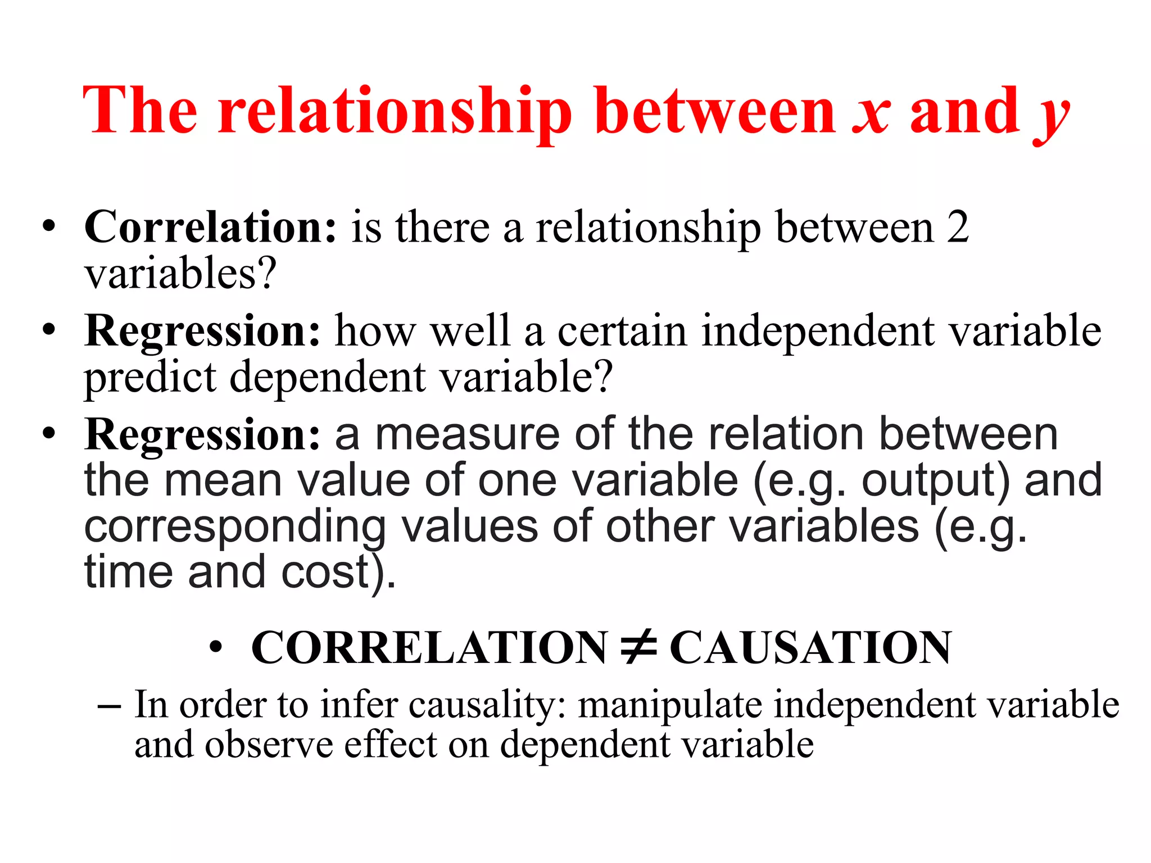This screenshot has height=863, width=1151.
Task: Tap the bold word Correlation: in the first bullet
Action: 210,227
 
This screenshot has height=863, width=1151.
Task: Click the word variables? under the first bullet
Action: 180,274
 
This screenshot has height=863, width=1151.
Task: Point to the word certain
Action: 622,331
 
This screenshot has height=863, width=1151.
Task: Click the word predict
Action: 150,378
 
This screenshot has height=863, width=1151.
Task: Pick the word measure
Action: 467,434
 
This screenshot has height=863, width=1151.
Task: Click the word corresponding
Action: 235,526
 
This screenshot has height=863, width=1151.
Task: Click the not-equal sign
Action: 638,648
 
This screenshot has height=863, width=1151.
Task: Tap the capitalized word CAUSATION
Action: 810,648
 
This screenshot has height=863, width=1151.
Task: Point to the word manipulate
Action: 669,705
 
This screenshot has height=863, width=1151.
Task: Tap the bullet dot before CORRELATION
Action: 215,648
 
